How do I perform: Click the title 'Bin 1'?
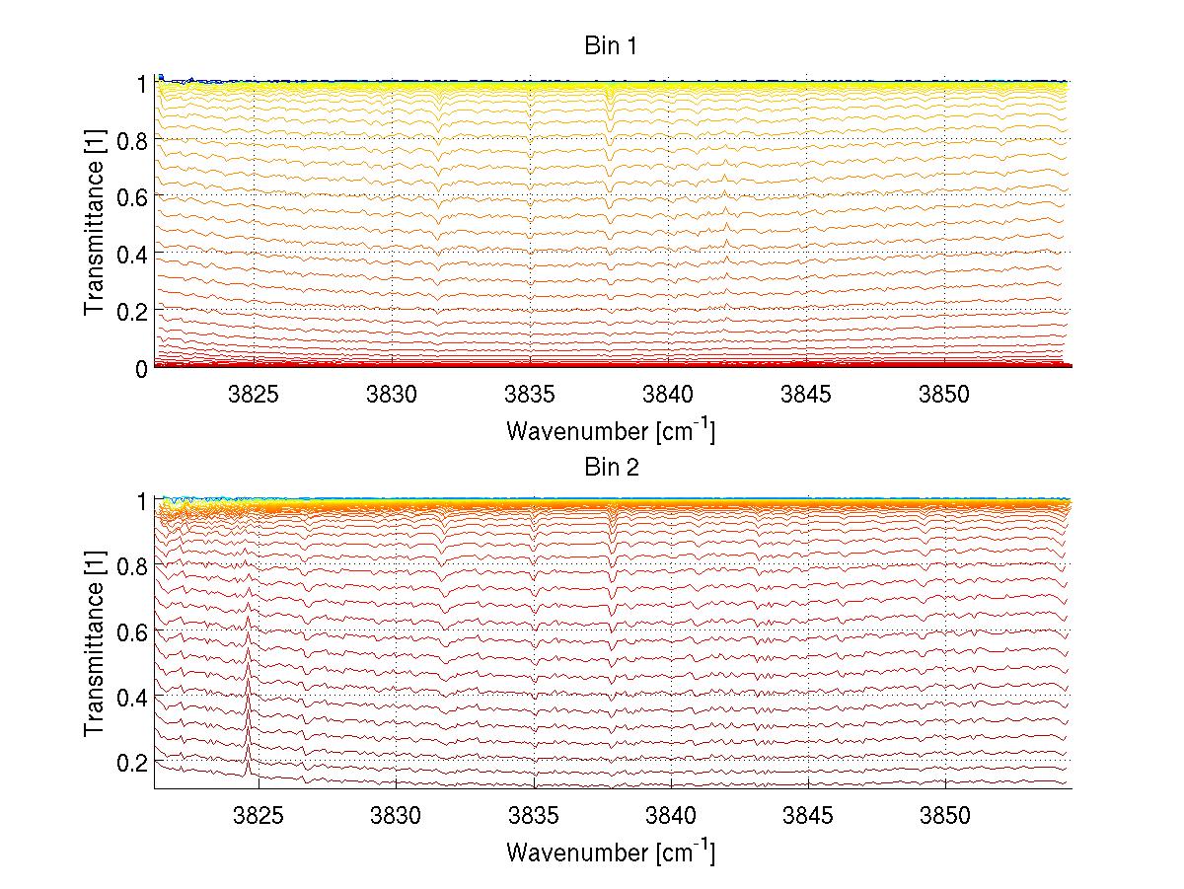[x=612, y=46]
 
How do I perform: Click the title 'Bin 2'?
[x=612, y=467]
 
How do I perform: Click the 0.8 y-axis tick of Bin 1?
[x=131, y=140]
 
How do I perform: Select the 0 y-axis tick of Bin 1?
[x=140, y=367]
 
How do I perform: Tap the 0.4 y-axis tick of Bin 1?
[x=131, y=254]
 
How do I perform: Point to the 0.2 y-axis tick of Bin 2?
[x=131, y=762]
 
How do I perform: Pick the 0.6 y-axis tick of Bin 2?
[x=131, y=630]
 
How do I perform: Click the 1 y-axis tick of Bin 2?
[x=140, y=500]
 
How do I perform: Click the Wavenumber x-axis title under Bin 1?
[x=611, y=430]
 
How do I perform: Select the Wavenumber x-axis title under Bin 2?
[x=611, y=851]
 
